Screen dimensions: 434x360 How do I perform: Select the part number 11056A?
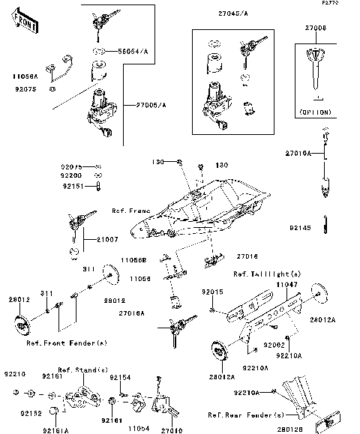pyautogui.click(x=25, y=76)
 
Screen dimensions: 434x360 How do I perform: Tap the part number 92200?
pyautogui.click(x=72, y=174)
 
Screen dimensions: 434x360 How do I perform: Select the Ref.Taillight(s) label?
pyautogui.click(x=268, y=274)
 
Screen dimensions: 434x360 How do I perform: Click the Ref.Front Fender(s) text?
pyautogui.click(x=67, y=343)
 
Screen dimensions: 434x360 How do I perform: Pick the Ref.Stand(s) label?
pyautogui.click(x=83, y=370)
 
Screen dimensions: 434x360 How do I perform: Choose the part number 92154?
pyautogui.click(x=120, y=378)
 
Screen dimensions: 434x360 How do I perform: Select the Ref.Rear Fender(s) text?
pyautogui.click(x=246, y=415)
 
